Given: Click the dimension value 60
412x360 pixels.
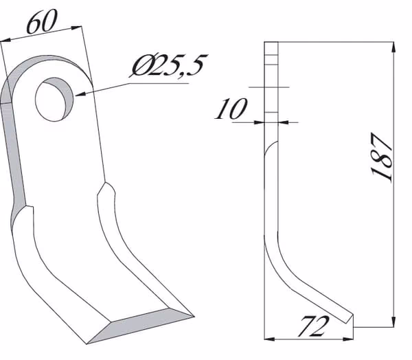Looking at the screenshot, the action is pos(42,21).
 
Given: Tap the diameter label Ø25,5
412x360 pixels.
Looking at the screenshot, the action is pos(168,65).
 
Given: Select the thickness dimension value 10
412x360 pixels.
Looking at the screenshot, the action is pos(231,109).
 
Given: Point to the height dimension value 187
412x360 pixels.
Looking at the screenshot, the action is pos(382,157).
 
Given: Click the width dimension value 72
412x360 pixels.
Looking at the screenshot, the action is pos(313,326).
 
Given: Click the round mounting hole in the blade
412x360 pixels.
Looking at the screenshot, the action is pos(54,99).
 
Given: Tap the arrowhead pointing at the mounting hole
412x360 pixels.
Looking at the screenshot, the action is pos(80,93).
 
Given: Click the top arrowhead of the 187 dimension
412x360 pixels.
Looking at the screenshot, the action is pos(393,47).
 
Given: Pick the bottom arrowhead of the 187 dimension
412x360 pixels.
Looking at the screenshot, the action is pos(393,322).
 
